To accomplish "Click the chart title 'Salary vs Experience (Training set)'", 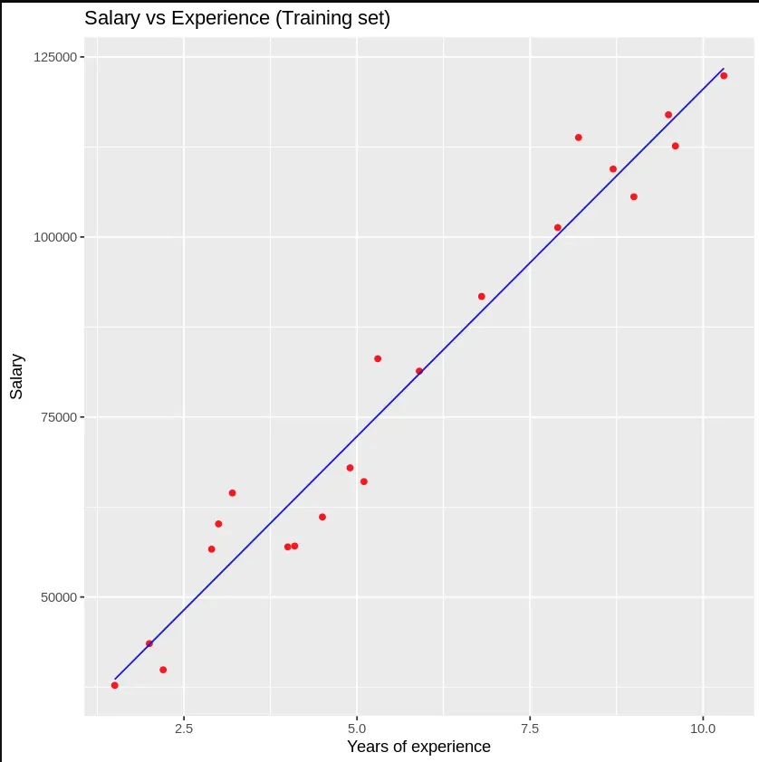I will point(237,18).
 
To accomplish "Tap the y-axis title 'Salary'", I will point(17,376).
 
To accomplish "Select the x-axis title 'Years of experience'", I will point(418,747).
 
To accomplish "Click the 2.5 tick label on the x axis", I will point(183,728).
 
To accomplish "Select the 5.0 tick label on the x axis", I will point(357,728).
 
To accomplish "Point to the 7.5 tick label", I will point(530,728).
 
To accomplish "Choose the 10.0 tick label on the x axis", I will point(703,728).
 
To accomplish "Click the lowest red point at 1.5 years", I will point(114,685).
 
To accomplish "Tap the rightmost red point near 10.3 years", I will point(724,76).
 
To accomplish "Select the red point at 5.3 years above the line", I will point(378,358).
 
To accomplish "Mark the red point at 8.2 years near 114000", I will point(578,138).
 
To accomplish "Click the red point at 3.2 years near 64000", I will point(232,493).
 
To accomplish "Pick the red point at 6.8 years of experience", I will point(481,297).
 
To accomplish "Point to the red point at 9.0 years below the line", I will point(633,196).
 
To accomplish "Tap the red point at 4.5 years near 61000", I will point(322,517).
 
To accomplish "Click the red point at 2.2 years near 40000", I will point(163,670).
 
